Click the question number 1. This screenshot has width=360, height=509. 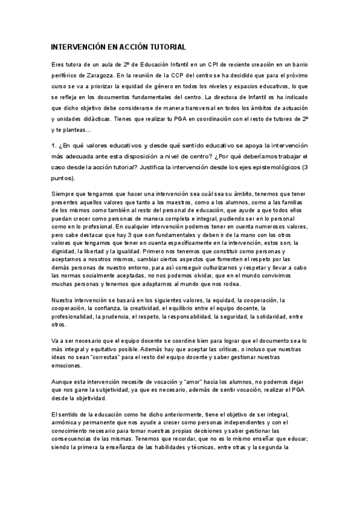coord(54,145)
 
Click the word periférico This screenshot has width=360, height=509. coord(68,77)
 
